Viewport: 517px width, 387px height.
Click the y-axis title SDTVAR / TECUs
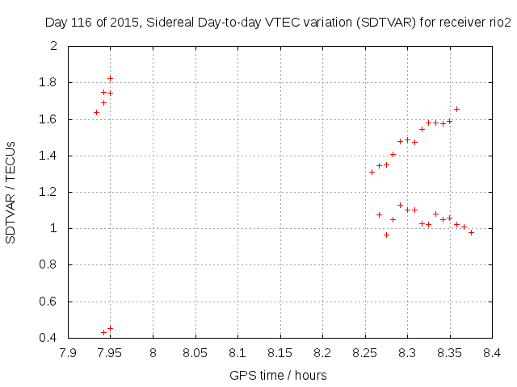pos(11,191)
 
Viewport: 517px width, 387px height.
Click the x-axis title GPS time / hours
pos(279,375)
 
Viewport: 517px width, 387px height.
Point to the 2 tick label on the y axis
pos(53,46)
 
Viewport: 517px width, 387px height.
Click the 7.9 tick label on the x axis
pos(68,352)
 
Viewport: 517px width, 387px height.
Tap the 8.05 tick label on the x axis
pos(195,352)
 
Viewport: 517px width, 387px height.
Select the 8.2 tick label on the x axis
pos(322,352)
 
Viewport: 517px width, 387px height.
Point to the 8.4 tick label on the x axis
pos(492,352)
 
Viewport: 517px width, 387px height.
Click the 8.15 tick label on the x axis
pos(280,352)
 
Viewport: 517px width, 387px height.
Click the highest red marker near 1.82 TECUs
pos(110,78)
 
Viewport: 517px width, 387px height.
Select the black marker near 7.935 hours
pos(97,112)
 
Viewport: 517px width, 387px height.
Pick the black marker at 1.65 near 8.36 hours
pos(456,109)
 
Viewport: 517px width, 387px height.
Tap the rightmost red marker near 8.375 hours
pos(471,232)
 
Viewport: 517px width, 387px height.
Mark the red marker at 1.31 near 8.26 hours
pos(372,172)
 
